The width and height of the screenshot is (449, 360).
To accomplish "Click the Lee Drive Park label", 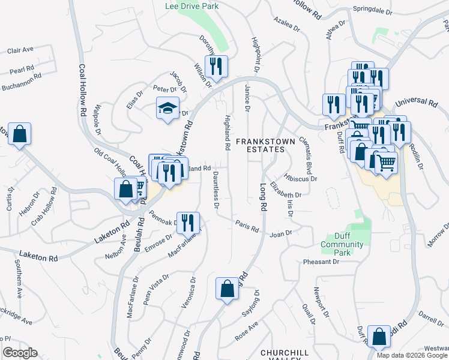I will coord(191,6).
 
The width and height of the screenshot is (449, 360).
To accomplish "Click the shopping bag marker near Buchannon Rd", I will coord(19,134).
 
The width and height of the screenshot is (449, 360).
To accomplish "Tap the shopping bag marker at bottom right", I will coord(379,337).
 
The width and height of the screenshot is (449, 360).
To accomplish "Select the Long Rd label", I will coord(263,197).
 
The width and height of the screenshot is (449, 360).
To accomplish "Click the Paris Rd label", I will coord(247,228).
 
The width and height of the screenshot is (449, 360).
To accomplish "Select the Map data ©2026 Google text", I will coord(412,355).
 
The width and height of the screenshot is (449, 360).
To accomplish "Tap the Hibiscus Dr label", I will coord(301,178).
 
